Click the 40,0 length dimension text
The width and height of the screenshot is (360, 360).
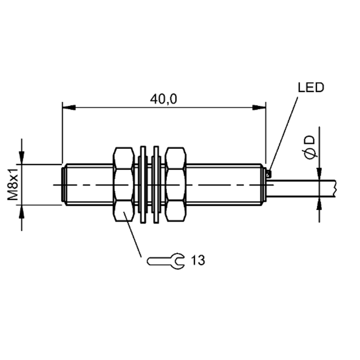point(163,99)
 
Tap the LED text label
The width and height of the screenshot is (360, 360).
point(311,87)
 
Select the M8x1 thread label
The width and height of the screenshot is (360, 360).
point(13,184)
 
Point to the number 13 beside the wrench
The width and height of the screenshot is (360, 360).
point(198,261)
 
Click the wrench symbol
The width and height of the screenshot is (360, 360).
point(165,261)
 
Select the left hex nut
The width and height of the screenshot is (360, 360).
point(123,184)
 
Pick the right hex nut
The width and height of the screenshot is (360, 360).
point(176,184)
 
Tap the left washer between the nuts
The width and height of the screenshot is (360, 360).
point(143,184)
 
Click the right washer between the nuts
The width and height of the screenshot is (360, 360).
point(156,184)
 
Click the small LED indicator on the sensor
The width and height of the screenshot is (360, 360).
point(269,174)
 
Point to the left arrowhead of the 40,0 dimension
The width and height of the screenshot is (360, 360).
point(69,107)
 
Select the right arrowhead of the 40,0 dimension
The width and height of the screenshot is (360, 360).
point(259,107)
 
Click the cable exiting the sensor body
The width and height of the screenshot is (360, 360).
point(301,188)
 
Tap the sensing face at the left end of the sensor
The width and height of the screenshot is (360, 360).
point(63,185)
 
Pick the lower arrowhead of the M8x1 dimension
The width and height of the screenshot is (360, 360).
point(22,211)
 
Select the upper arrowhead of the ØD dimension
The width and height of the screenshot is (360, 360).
point(319,174)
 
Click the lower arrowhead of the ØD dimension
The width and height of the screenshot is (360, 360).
point(319,203)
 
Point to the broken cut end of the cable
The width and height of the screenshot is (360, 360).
point(335,188)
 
